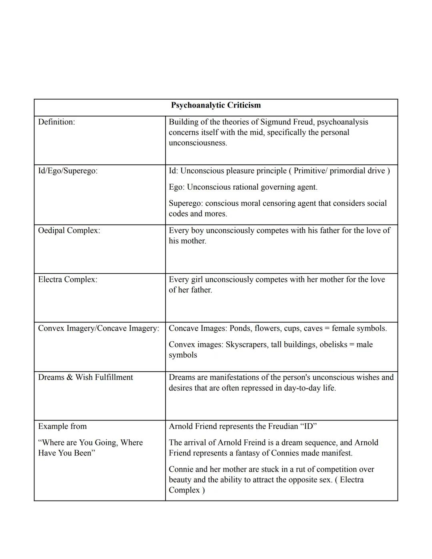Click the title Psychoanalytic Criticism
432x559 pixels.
(216, 105)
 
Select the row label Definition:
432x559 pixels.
(56, 122)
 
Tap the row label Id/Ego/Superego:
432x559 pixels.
(68, 171)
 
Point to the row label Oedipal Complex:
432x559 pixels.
(69, 230)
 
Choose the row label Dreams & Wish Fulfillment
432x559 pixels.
(85, 377)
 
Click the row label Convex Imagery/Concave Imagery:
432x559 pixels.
(98, 329)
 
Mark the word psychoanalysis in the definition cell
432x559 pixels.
(342, 122)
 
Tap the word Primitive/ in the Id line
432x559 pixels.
(310, 171)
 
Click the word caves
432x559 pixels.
(313, 329)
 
